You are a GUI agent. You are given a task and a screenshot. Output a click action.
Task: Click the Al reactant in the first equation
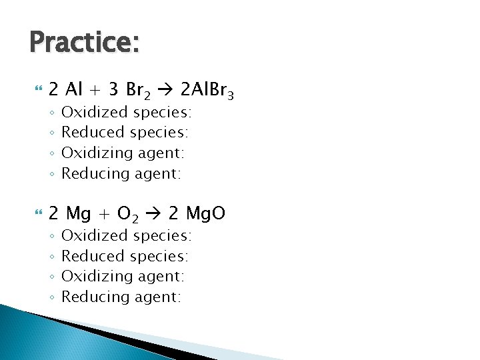click(x=73, y=89)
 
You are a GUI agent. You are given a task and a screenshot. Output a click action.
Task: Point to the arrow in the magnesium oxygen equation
click(x=153, y=213)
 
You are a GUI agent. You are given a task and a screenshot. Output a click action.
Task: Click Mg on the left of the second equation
click(x=79, y=213)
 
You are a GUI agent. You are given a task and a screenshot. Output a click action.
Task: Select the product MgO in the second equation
click(x=205, y=213)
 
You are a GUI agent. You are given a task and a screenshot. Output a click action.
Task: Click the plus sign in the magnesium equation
click(x=104, y=214)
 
